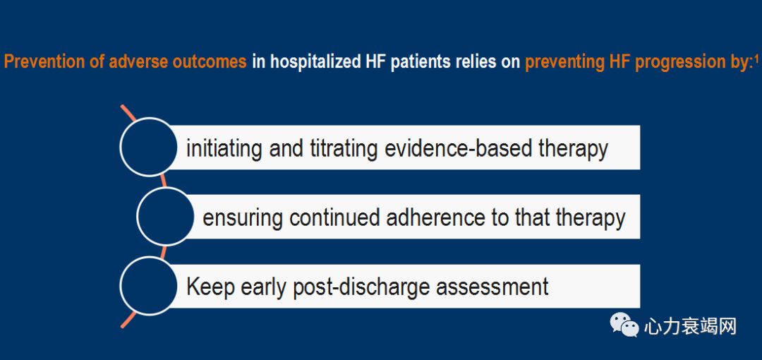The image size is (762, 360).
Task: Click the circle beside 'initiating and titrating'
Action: click(x=148, y=147)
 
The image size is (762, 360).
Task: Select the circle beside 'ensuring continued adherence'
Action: click(x=166, y=216)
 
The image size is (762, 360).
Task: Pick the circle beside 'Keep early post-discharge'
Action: click(x=148, y=286)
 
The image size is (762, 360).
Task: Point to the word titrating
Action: click(x=344, y=148)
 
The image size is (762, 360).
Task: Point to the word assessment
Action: click(x=492, y=287)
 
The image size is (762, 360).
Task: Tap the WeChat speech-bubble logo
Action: click(x=624, y=325)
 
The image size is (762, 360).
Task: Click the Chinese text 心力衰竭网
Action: click(x=690, y=326)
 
